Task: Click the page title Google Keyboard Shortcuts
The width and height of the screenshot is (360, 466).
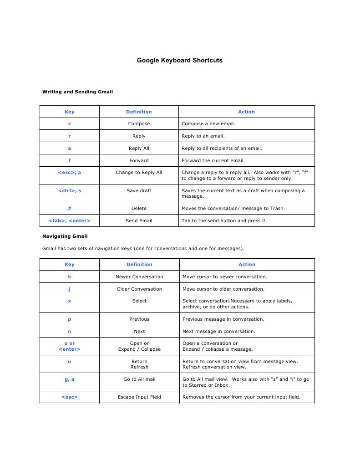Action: point(180,60)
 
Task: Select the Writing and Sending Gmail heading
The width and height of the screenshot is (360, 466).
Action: point(77,92)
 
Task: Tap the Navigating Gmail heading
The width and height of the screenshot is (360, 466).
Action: point(65,236)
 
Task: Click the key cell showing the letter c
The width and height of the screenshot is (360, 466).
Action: point(70,123)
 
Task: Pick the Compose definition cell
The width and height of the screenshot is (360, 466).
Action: point(139,123)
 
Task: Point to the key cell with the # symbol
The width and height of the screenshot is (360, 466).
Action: point(70,208)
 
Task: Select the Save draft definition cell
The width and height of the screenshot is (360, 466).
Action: point(139,190)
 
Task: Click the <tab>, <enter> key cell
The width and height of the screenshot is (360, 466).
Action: point(70,220)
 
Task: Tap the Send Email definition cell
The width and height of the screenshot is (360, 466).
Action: point(139,220)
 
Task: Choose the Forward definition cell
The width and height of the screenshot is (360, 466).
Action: point(139,160)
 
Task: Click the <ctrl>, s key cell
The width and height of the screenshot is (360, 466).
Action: point(70,190)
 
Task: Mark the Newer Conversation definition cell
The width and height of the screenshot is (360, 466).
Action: point(139,277)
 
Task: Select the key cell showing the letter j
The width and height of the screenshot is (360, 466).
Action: point(70,289)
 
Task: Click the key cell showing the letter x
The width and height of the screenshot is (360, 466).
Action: point(70,301)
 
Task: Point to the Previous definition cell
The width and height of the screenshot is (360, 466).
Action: point(139,319)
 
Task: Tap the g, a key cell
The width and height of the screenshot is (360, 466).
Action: point(70,379)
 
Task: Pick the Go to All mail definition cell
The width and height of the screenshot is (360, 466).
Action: point(139,379)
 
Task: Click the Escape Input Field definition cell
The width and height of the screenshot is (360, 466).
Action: point(139,397)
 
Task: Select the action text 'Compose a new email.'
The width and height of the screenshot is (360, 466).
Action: point(208,123)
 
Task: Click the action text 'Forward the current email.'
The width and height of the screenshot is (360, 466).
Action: point(213,160)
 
